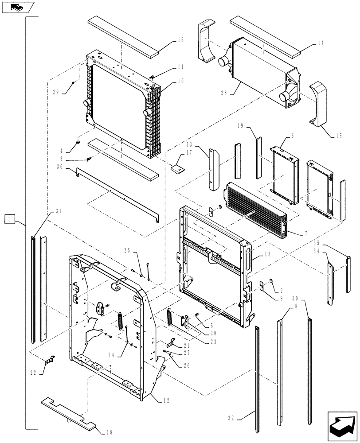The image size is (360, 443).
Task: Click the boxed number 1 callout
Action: (x=10, y=218)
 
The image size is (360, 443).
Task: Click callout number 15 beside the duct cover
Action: (x=338, y=136)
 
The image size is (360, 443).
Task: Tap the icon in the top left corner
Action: (x=18, y=7)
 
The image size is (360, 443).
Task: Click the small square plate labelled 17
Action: (x=179, y=168)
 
